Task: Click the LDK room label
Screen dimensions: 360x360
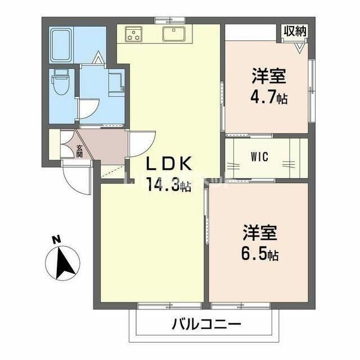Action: coord(170,164)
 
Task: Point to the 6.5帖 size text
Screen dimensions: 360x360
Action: coord(257,254)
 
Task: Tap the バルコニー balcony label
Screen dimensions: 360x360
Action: coord(206,325)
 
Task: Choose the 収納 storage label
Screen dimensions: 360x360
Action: coord(295,31)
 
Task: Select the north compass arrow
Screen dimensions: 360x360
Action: coord(64,262)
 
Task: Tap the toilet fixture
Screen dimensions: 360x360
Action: coord(59,83)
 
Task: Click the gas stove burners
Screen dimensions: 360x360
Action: coord(134,34)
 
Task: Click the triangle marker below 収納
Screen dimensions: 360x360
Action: coord(299,48)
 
